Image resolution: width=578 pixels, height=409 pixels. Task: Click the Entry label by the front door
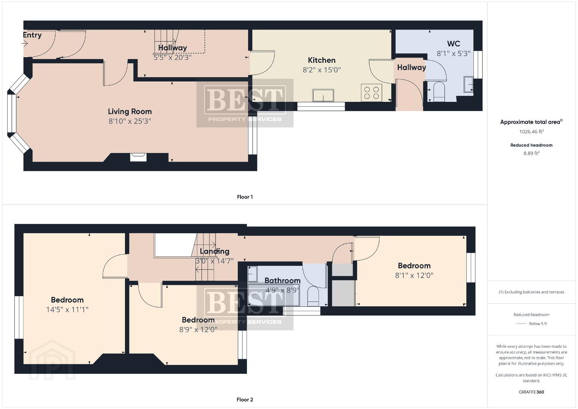32,35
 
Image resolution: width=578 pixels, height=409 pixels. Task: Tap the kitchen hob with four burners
372,93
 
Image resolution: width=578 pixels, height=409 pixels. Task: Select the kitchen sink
323,95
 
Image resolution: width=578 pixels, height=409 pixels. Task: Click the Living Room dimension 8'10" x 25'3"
130,121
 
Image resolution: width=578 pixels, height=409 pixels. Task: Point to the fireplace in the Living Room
138,157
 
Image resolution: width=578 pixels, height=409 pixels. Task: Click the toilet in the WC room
439,92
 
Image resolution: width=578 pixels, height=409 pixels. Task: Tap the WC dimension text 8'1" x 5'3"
453,53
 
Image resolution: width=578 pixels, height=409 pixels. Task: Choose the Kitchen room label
322,60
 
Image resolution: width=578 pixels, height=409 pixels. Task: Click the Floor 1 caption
245,197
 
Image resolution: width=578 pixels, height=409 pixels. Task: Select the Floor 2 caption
245,400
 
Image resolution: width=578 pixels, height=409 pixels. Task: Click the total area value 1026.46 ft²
531,132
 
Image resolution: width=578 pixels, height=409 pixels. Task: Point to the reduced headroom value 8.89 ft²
531,153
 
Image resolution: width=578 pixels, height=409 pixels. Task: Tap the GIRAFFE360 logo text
531,392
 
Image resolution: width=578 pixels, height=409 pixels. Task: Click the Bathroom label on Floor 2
283,281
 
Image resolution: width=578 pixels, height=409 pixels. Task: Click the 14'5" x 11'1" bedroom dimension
67,309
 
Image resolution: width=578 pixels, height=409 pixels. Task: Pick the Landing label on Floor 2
214,251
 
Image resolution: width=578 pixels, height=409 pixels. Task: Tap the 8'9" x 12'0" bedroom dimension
198,329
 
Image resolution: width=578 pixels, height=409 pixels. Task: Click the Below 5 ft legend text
538,323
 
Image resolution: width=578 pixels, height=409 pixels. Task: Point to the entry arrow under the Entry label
25,44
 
